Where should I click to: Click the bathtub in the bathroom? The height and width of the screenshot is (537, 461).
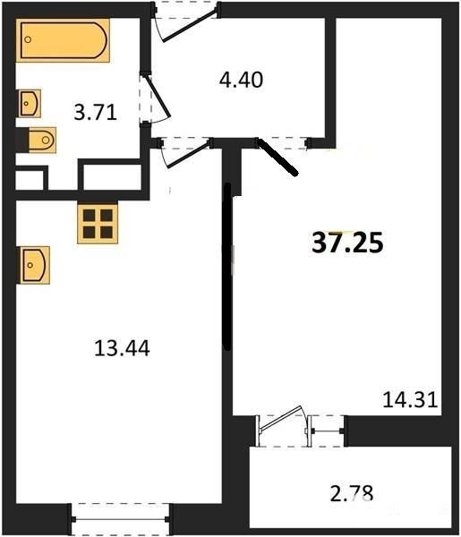click(63, 40)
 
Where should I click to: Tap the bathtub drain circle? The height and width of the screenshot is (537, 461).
click(28, 39)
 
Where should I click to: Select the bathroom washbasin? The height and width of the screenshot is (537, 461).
click(29, 104)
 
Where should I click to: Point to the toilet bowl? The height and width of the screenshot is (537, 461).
click(40, 140)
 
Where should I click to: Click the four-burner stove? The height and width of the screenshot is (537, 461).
click(98, 224)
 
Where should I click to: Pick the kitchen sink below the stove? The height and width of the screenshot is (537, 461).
click(34, 265)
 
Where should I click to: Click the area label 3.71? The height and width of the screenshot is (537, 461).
click(96, 113)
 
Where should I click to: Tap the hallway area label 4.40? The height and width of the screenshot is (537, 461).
click(241, 81)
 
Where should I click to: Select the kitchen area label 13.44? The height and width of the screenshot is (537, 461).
click(122, 349)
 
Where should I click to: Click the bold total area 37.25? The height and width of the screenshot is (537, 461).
click(347, 243)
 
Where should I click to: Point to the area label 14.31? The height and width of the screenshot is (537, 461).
click(410, 400)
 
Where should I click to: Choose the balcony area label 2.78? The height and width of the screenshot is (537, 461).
click(352, 493)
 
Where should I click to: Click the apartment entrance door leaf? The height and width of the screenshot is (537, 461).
click(190, 26)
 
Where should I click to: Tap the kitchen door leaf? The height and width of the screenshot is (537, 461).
click(188, 154)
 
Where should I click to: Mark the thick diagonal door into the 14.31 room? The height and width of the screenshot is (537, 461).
click(277, 158)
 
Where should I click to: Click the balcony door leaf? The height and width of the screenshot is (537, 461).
click(281, 419)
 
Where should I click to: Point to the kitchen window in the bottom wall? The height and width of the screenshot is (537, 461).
click(120, 519)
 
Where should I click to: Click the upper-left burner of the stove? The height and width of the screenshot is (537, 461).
click(89, 216)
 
